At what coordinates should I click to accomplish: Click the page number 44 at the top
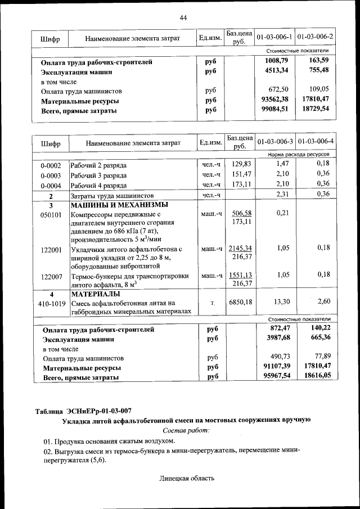pos(183,18)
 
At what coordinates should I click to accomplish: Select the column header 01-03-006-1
pos(274,37)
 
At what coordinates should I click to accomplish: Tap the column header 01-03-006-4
pos(315,142)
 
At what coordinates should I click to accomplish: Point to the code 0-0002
pos(51,165)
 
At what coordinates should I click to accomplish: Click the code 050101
pos(51,214)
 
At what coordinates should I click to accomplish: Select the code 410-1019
pos(51,303)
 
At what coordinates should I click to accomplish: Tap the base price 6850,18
pos(240,302)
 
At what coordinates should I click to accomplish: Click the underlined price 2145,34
pos(240,248)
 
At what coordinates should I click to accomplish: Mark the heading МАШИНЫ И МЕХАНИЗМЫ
pos(119,204)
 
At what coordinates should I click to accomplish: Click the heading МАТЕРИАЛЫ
pos(95,294)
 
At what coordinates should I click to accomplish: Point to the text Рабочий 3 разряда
pos(98,175)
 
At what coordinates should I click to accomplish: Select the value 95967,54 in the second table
pos(276,376)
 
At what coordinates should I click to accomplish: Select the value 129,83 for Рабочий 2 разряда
pos(240,164)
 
